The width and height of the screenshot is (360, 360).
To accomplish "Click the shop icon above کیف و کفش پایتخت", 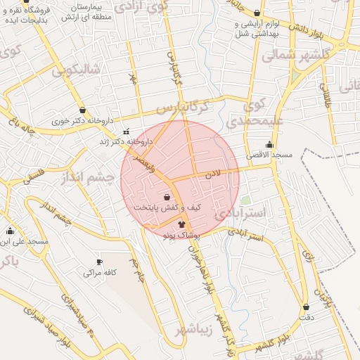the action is pos(167,197).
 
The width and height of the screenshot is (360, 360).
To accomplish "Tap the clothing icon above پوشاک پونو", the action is pos(172,224).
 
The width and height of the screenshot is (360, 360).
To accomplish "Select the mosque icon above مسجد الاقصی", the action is pos(269,144).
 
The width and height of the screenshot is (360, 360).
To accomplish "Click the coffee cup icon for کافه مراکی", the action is pos(99,262).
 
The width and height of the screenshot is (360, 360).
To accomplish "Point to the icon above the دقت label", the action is pos(306,307).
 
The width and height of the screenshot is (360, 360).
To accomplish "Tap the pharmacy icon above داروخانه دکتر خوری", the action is pos(84,110).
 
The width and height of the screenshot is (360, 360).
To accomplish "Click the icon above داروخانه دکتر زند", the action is pos(126,131).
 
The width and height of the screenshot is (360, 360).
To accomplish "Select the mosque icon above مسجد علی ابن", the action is pos(10,231).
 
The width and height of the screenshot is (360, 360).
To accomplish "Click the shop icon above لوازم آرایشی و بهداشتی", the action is pos(257,13).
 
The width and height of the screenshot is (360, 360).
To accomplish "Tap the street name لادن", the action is pos(213,173).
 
